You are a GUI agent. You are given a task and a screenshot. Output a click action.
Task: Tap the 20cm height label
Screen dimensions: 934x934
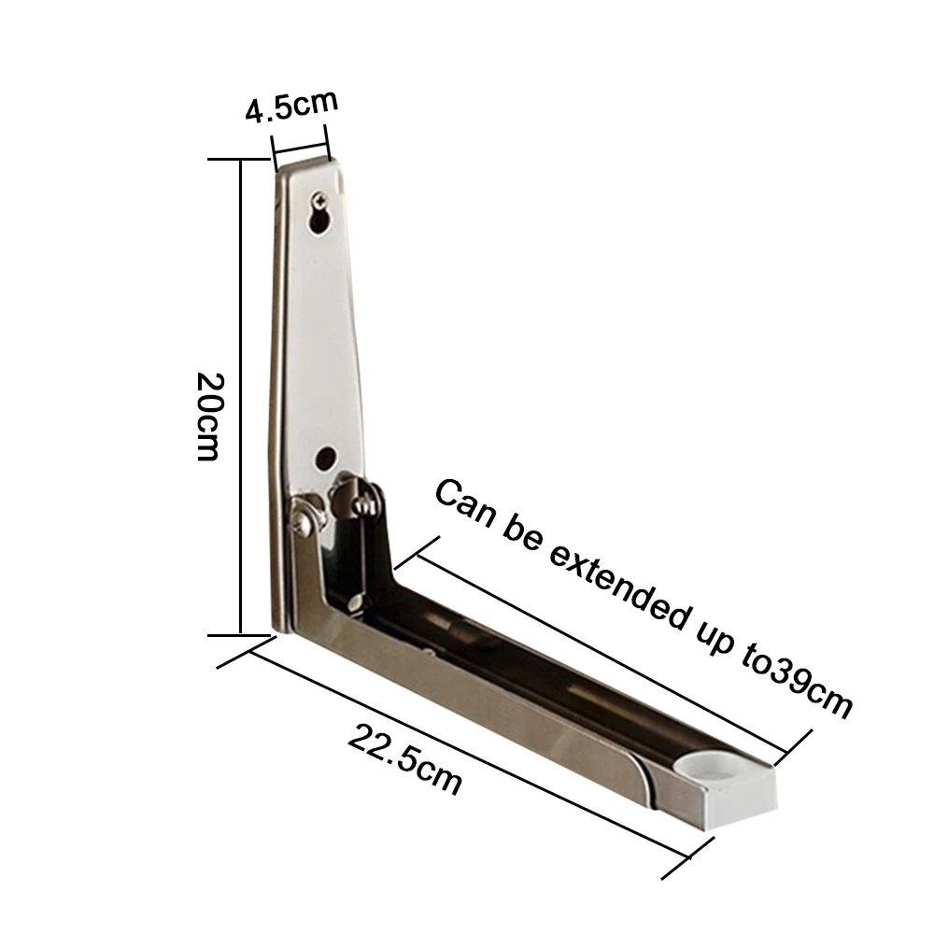coord(209,417)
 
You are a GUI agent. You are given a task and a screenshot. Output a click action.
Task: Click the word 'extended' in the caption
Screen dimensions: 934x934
coord(620,588)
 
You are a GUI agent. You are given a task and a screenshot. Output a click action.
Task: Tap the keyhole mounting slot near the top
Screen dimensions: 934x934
coord(319,219)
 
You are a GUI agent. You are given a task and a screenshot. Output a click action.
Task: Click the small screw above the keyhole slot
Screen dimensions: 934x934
coord(321,198)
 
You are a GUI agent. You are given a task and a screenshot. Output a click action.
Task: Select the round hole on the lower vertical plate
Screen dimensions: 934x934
coord(325,458)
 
